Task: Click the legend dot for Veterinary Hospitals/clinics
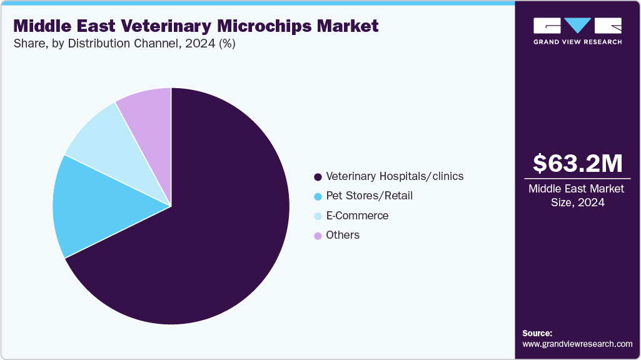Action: tap(318, 177)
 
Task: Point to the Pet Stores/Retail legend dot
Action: tap(318, 196)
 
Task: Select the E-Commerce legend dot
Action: tap(318, 216)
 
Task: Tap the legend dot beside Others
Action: tap(318, 236)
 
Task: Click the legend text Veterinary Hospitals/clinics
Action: tap(395, 176)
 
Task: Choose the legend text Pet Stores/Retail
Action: tap(369, 196)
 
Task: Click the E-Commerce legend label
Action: tap(357, 216)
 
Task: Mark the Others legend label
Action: tap(343, 236)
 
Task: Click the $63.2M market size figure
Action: tap(577, 164)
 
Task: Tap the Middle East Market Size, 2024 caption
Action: tap(577, 196)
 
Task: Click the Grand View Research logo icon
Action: tap(577, 26)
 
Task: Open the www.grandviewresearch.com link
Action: tap(577, 344)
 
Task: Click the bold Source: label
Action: tap(537, 333)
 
